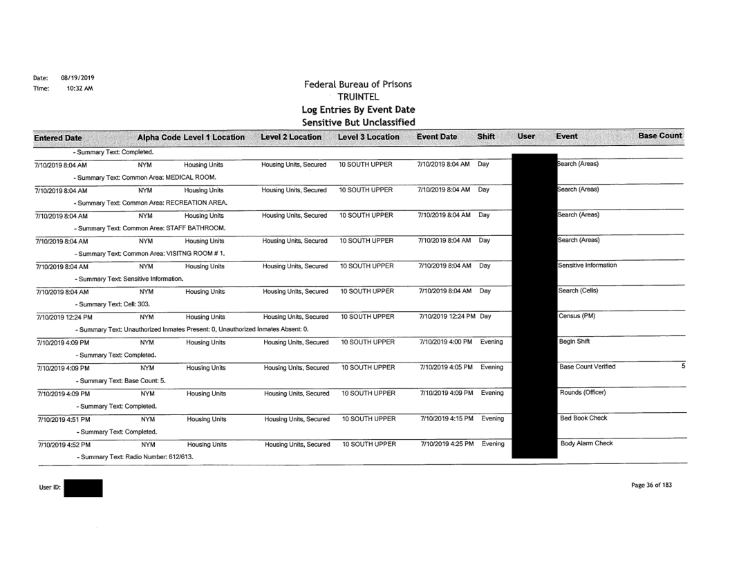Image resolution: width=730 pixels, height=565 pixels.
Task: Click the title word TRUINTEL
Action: tap(358, 97)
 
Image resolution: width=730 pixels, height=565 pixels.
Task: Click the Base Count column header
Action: tap(659, 136)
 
